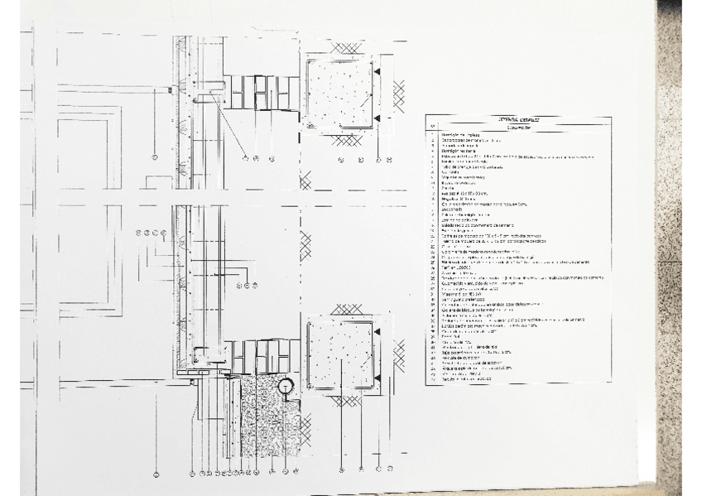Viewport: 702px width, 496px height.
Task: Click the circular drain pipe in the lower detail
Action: click(286, 385)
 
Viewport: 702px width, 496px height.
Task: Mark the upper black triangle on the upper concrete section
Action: click(377, 74)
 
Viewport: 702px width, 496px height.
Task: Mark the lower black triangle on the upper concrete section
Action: click(377, 118)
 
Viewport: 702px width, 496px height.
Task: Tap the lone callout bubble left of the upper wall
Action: click(155, 157)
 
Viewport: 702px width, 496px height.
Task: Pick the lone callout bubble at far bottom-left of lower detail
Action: click(155, 474)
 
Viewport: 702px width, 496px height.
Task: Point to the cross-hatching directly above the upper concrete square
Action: click(340, 45)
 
